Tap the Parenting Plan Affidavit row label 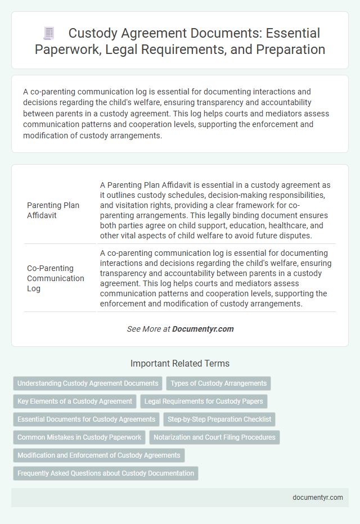click(x=53, y=210)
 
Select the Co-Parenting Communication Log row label click(x=56, y=278)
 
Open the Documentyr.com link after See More click(x=203, y=329)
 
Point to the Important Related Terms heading click(x=180, y=363)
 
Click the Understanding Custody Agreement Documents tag click(x=88, y=383)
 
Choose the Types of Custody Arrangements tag click(x=219, y=383)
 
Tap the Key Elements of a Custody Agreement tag click(x=75, y=401)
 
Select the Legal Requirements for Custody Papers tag click(x=204, y=401)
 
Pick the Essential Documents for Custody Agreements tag click(x=86, y=419)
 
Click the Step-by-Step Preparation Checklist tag click(x=219, y=419)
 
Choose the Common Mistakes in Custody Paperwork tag click(x=79, y=437)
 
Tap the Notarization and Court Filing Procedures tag click(x=214, y=437)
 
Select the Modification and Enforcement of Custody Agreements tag click(x=99, y=455)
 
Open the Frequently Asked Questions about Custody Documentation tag click(x=106, y=473)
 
